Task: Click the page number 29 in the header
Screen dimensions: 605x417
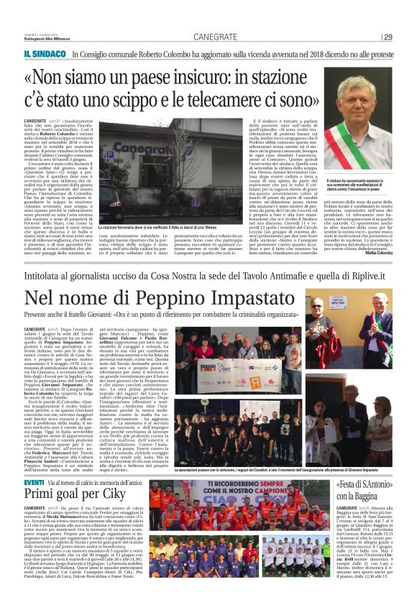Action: pos(388,37)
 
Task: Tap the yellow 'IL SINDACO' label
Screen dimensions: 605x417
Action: pos(45,55)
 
